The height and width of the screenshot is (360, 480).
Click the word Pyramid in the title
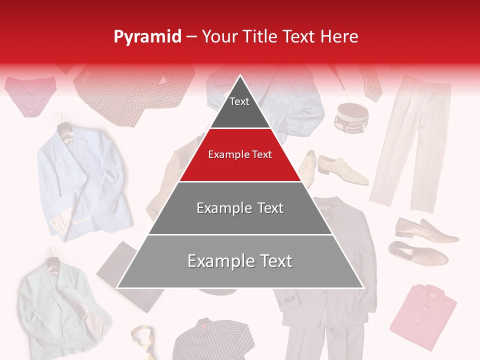click(x=147, y=36)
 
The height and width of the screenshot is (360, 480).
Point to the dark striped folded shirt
click(x=212, y=340)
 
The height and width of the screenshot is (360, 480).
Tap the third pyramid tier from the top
click(x=240, y=208)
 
